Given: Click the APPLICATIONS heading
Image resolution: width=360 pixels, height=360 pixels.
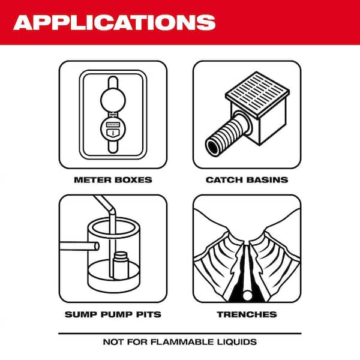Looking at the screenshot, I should (114, 22).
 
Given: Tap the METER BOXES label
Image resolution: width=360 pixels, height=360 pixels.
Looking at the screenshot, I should (112, 179).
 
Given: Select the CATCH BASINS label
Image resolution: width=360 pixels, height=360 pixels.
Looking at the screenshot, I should (247, 179).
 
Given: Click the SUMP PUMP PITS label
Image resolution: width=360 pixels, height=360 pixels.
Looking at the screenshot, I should (112, 314).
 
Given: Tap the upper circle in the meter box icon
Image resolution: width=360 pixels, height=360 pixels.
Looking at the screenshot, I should (113, 97).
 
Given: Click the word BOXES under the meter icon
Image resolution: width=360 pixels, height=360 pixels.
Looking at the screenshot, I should (133, 179).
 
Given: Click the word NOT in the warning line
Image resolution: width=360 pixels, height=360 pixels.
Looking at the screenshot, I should (112, 342).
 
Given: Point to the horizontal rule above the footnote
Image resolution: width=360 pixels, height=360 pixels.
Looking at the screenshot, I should (180, 332).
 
